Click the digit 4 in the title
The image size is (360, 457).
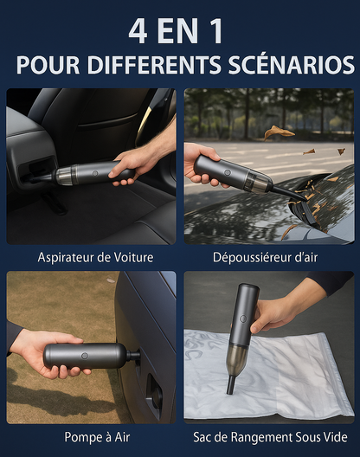click(138, 31)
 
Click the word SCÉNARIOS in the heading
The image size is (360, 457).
click(292, 64)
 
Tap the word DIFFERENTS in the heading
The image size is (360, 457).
click(154, 65)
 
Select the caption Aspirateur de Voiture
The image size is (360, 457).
click(95, 257)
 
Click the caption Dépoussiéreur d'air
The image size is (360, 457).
click(266, 257)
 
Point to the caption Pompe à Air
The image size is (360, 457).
click(97, 437)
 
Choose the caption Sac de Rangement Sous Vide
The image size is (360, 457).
click(270, 437)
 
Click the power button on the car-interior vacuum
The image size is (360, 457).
click(94, 173)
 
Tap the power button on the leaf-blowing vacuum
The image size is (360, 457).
click(228, 172)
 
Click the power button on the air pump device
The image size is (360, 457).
click(85, 356)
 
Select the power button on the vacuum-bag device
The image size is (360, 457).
click(243, 319)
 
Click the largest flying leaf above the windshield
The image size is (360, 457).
click(279, 132)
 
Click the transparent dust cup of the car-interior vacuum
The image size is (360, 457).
click(67, 175)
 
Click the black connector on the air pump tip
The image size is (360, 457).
click(133, 356)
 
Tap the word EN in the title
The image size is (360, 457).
click(177, 31)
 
